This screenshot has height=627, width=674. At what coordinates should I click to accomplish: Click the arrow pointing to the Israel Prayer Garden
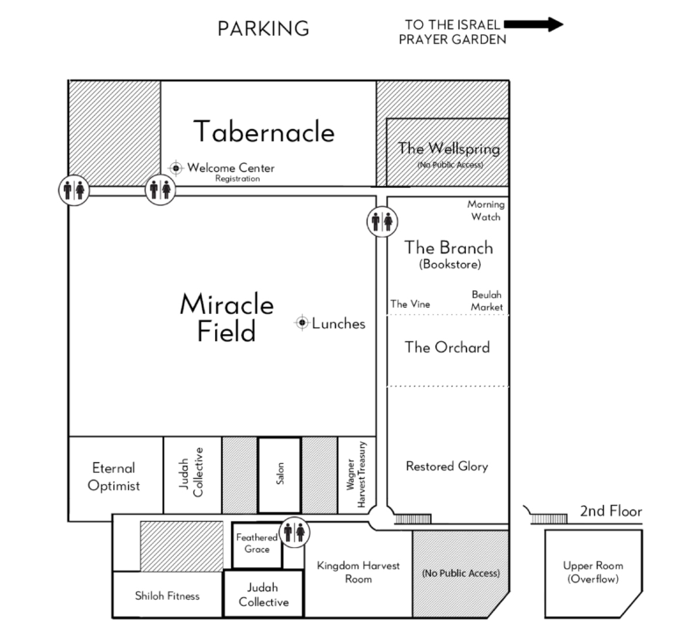click(x=534, y=24)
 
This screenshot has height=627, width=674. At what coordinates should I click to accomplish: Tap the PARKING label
click(x=263, y=29)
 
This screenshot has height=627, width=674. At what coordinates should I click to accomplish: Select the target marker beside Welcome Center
click(x=176, y=167)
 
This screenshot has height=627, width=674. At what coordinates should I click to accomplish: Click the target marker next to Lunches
click(x=302, y=322)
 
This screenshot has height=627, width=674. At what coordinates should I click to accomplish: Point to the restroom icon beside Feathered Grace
click(x=295, y=532)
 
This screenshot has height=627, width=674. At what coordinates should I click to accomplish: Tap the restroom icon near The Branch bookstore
click(x=382, y=222)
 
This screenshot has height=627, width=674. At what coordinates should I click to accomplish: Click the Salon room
click(x=279, y=475)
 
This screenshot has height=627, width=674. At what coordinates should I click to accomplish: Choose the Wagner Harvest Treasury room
click(x=357, y=475)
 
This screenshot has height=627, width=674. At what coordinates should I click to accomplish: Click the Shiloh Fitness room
click(x=168, y=595)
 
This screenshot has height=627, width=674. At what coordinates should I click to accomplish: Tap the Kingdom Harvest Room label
click(x=358, y=572)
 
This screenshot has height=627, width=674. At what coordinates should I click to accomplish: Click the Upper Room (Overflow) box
click(x=593, y=574)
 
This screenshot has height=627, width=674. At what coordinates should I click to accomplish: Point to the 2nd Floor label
click(x=611, y=511)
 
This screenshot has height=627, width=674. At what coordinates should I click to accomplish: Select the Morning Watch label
click(x=486, y=210)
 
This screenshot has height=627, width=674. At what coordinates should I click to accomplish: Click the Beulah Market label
click(x=486, y=301)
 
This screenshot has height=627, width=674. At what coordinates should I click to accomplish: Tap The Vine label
click(x=410, y=304)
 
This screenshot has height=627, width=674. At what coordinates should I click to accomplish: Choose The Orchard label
click(x=447, y=347)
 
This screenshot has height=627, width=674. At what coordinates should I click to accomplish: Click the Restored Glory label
click(x=447, y=467)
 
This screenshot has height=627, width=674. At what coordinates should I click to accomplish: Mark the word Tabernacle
click(x=264, y=132)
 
